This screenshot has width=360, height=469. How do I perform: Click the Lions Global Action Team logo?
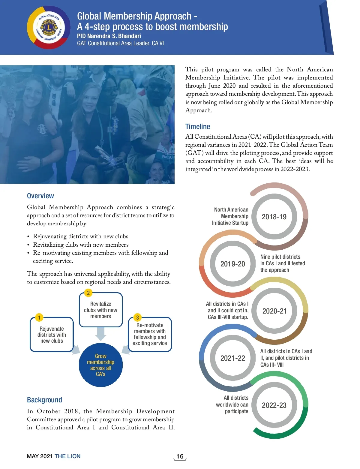(49, 28)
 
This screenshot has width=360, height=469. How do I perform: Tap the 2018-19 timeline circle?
(274, 217)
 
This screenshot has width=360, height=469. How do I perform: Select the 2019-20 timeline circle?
(233, 264)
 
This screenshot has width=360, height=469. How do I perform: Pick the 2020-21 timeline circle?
(274, 311)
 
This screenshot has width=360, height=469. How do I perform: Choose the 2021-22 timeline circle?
(233, 358)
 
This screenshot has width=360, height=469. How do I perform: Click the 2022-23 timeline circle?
(274, 405)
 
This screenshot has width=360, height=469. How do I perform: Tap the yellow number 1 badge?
(39, 317)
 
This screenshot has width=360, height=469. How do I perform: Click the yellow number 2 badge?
(88, 293)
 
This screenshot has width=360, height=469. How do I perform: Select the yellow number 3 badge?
(137, 317)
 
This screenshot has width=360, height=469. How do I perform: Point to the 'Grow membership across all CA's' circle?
(101, 365)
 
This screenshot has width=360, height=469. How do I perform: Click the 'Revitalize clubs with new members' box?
(101, 310)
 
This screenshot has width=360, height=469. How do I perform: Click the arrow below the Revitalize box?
(101, 334)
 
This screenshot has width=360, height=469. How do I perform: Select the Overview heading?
(40, 196)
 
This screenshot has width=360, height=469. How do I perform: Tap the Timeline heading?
(198, 127)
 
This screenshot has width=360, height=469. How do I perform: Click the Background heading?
(44, 400)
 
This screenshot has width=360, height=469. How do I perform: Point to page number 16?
(180, 456)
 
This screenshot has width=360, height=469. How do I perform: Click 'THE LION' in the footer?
(67, 456)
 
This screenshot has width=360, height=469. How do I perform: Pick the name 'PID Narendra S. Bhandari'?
(109, 36)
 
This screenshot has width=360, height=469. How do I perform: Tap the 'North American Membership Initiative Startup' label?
(230, 216)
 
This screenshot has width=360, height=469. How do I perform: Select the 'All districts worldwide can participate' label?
(232, 404)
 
